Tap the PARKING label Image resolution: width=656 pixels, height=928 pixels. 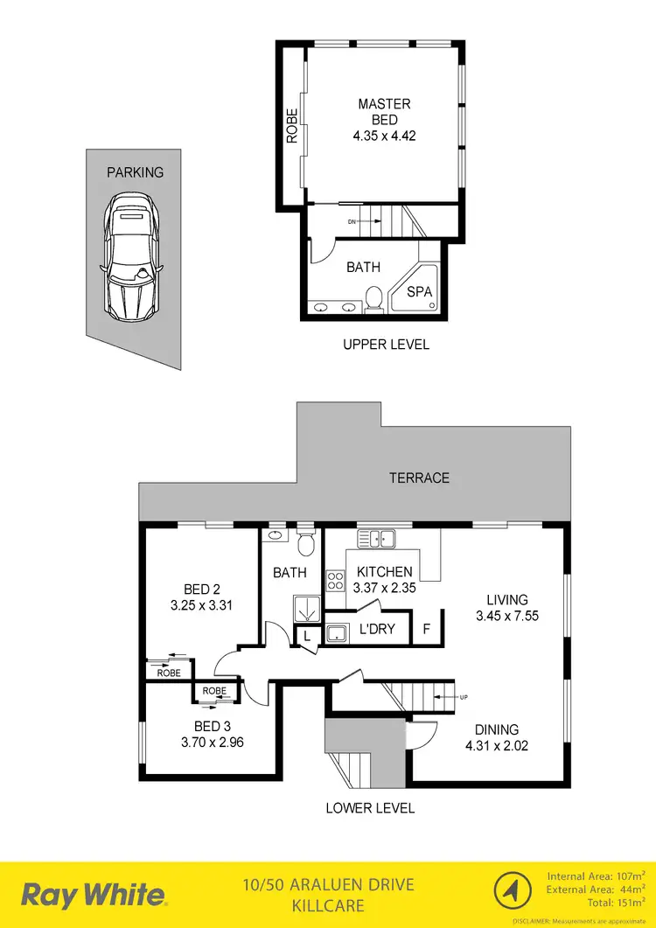pyautogui.click(x=135, y=172)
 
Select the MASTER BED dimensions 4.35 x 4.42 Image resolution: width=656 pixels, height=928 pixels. pyautogui.click(x=384, y=136)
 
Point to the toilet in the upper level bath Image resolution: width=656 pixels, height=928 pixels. pyautogui.click(x=374, y=298)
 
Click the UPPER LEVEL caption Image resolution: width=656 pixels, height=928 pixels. pyautogui.click(x=386, y=345)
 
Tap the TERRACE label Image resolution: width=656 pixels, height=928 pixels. pyautogui.click(x=420, y=478)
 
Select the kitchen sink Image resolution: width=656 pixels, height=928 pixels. pyautogui.click(x=377, y=538)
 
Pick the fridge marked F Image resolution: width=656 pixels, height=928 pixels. pyautogui.click(x=426, y=629)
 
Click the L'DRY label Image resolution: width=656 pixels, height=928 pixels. pyautogui.click(x=377, y=629)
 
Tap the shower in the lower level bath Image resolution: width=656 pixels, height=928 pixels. pyautogui.click(x=307, y=606)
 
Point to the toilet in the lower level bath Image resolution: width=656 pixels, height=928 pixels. pyautogui.click(x=305, y=543)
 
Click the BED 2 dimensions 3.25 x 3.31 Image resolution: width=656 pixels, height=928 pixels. pyautogui.click(x=201, y=604)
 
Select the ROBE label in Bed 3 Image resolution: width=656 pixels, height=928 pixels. pyautogui.click(x=214, y=690)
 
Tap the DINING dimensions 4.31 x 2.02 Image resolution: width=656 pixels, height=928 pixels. pyautogui.click(x=497, y=746)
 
